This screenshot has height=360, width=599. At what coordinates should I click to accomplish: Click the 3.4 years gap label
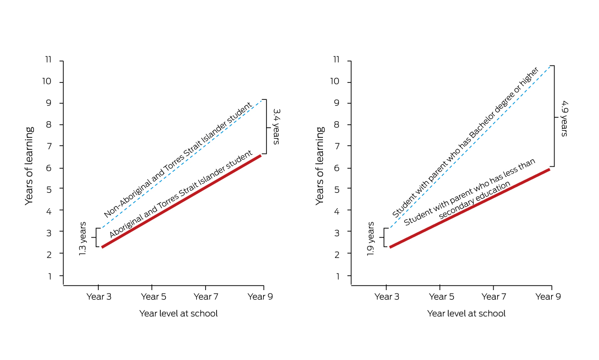(276, 127)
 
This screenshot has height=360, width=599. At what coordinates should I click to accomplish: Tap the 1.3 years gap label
(83, 239)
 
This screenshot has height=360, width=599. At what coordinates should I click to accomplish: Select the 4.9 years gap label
(564, 118)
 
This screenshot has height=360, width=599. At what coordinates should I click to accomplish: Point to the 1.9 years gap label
(370, 239)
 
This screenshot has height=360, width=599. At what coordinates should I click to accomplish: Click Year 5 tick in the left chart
(153, 296)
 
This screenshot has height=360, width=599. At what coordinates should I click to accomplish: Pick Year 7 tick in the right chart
(493, 296)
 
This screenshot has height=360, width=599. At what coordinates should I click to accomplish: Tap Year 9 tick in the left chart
(260, 296)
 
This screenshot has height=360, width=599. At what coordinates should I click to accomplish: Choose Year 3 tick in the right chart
(386, 296)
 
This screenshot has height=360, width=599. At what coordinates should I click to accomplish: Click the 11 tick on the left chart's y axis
(48, 60)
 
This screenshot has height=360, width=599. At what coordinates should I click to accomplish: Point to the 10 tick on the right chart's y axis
(337, 82)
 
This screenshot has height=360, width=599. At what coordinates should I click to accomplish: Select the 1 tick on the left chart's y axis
(49, 276)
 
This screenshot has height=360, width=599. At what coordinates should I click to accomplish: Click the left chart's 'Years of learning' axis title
(29, 166)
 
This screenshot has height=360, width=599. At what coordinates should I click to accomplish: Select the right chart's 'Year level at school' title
(466, 314)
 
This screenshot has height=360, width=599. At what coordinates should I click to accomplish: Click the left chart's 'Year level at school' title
(178, 314)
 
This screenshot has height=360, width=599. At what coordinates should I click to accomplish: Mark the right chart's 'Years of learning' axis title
(320, 166)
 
